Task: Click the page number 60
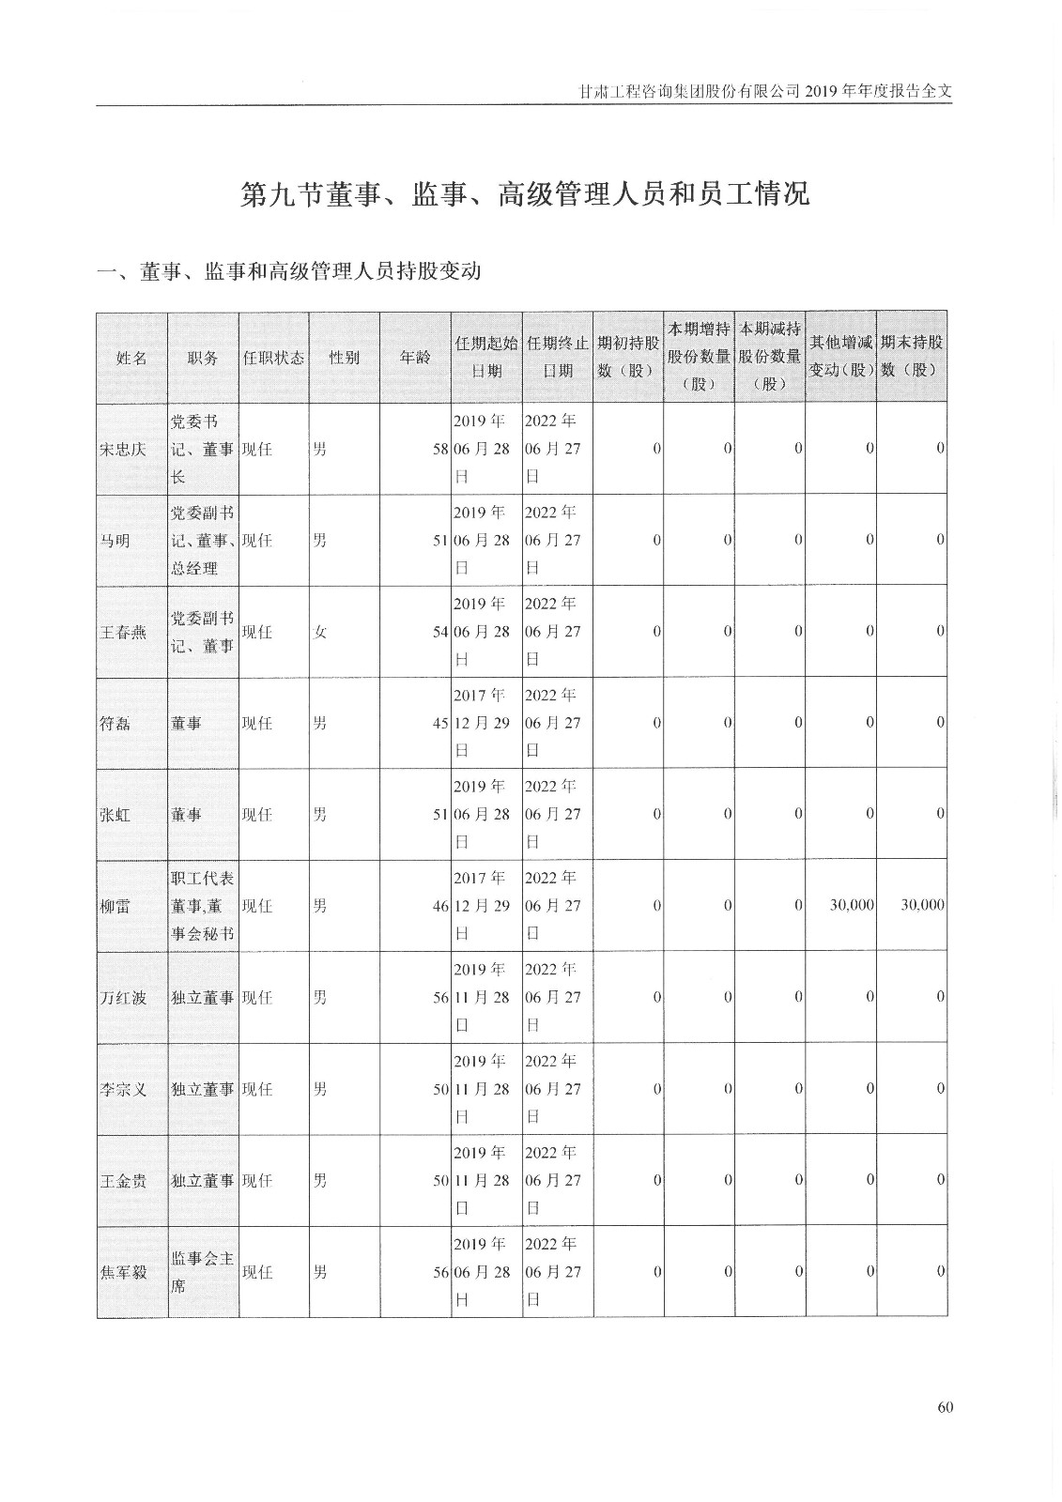pyautogui.click(x=945, y=1406)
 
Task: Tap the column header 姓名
pyautogui.click(x=131, y=358)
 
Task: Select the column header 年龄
pyautogui.click(x=415, y=358)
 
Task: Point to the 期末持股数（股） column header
pyautogui.click(x=911, y=357)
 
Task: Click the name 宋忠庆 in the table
pyautogui.click(x=123, y=449)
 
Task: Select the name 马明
pyautogui.click(x=115, y=541)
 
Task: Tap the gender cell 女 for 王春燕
pyautogui.click(x=320, y=633)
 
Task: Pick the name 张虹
pyautogui.click(x=115, y=815)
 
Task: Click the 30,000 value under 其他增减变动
pyautogui.click(x=852, y=906)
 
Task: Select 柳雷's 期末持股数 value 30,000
pyautogui.click(x=922, y=906)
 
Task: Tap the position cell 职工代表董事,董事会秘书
pyautogui.click(x=203, y=906)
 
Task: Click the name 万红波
pyautogui.click(x=123, y=998)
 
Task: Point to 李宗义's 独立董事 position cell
pyautogui.click(x=203, y=1089)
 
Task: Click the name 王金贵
pyautogui.click(x=123, y=1181)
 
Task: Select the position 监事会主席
pyautogui.click(x=203, y=1272)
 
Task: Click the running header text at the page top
pyautogui.click(x=764, y=92)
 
